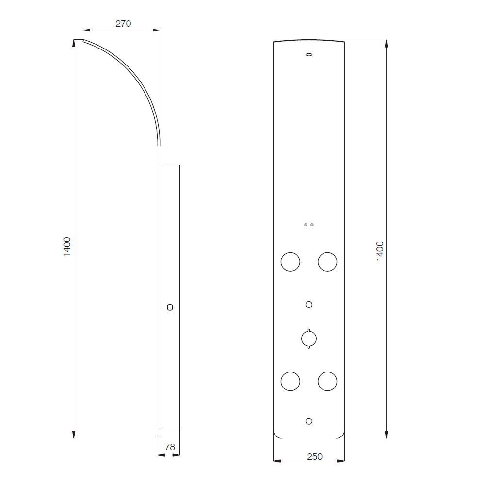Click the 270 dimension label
[123, 23]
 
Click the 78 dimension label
[170, 447]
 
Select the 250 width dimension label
[315, 456]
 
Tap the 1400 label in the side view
[67, 246]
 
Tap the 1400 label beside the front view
[380, 251]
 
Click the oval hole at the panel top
[308, 55]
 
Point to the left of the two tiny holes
[306, 225]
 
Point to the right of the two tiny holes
[312, 225]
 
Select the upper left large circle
[290, 261]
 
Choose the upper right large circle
[327, 261]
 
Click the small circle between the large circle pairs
[308, 305]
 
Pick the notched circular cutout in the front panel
[308, 338]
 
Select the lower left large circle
[290, 381]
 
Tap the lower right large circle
[327, 381]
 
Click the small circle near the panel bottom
[308, 421]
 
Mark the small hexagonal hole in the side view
[169, 307]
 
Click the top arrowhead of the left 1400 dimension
[74, 43]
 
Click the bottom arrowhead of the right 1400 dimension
[387, 435]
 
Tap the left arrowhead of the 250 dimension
[276, 460]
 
